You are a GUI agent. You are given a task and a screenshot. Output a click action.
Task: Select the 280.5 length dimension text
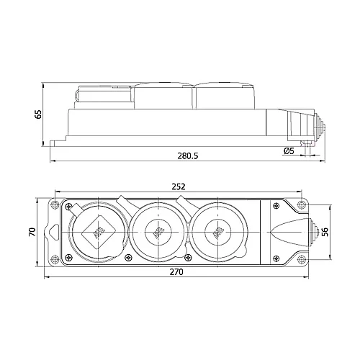tap(187, 155)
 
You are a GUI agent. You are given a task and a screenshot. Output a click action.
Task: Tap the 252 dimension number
tap(178, 186)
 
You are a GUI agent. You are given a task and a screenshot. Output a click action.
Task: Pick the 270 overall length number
tap(177, 272)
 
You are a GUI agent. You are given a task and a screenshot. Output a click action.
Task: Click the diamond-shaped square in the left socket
tap(96, 232)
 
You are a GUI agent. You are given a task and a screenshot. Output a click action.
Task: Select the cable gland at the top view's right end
tap(314, 232)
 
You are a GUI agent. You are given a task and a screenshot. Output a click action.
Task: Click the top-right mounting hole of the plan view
tap(301, 206)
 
